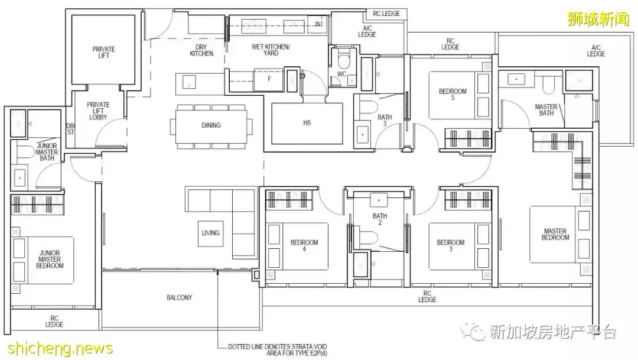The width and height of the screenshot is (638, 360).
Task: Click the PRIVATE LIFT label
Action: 104,52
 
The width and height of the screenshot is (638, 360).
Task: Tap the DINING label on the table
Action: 211,125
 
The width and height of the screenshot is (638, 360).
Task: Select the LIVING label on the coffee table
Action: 211,233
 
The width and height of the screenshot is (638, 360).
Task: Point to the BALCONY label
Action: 180,298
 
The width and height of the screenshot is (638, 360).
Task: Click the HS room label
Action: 307,122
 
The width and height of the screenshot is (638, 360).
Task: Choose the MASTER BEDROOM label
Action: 555,234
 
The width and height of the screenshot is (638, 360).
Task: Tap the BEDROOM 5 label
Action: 453,94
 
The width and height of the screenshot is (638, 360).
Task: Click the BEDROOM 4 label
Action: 304,245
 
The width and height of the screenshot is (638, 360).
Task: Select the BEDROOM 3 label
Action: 450,245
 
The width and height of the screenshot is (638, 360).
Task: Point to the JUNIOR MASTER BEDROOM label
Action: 50,260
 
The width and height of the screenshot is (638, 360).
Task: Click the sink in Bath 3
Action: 363,134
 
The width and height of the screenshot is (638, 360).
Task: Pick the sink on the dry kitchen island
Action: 189,82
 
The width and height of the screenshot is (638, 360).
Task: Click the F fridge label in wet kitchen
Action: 269,79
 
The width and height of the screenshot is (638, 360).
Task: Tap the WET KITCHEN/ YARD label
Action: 271,50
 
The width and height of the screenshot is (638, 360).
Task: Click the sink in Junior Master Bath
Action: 19,177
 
